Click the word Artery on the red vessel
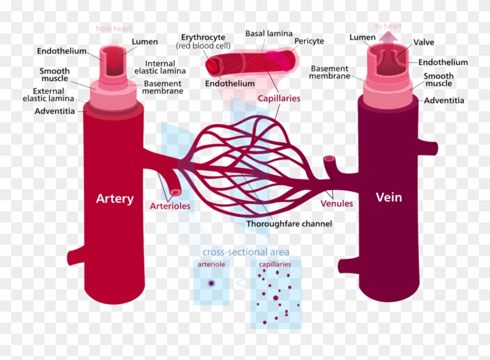tap(115, 199)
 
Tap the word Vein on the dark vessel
tap(389, 197)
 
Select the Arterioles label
tap(170, 206)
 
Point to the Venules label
tap(336, 203)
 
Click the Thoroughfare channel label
tap(289, 224)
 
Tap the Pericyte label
tap(309, 41)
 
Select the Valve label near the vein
tap(424, 42)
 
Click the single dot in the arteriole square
tap(211, 283)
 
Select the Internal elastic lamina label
tap(160, 67)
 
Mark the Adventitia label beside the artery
tap(55, 111)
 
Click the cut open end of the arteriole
tap(175, 192)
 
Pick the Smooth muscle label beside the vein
tap(438, 80)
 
